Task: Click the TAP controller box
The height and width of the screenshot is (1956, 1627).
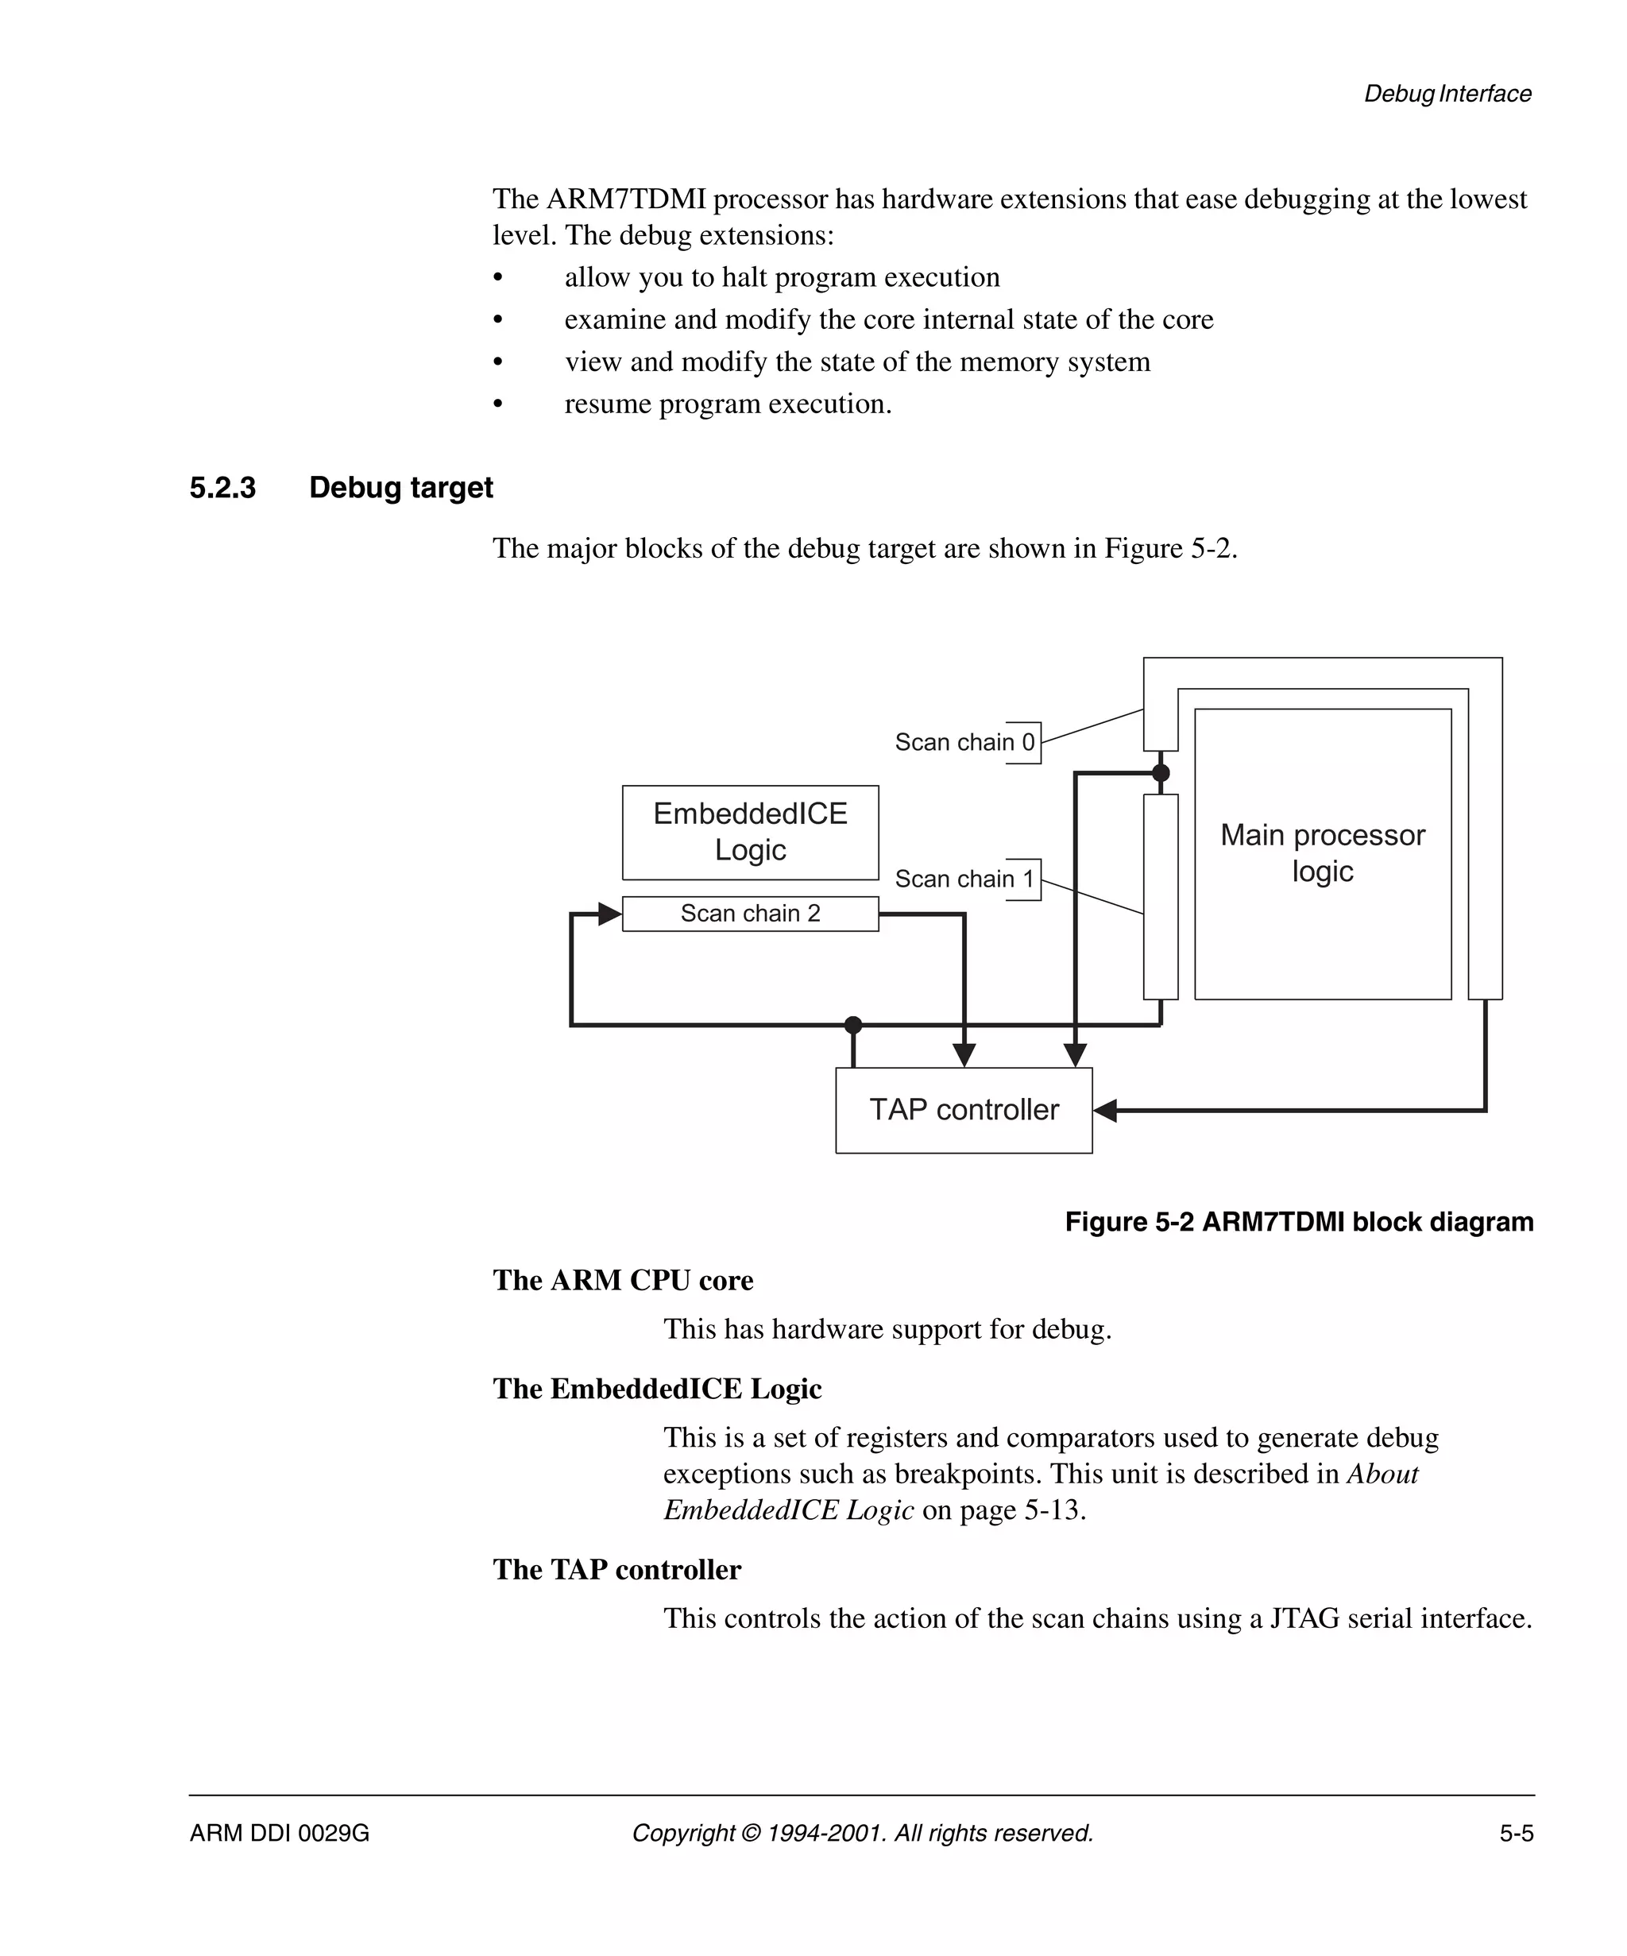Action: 963,1109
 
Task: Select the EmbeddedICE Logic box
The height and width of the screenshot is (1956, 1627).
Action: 750,832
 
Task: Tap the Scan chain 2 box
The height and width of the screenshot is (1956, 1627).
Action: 750,913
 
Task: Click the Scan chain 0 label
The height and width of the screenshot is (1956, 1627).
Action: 964,742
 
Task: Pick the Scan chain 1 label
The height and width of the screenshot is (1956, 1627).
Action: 964,879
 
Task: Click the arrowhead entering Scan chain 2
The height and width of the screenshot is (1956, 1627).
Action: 610,914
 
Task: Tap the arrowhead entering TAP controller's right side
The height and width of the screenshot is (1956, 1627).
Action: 1104,1110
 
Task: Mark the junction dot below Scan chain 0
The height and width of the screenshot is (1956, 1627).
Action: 1161,772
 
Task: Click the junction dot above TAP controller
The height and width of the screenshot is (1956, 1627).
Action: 853,1025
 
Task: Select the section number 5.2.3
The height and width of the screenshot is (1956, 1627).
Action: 222,487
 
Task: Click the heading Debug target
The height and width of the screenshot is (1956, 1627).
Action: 400,487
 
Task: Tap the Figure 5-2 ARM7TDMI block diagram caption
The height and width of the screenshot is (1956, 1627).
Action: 1298,1221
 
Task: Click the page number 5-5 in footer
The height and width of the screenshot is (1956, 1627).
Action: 1515,1833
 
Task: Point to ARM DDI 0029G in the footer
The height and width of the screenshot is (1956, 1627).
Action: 280,1833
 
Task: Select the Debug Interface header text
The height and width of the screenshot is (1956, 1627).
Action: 1447,93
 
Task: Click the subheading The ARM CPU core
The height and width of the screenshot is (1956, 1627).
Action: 622,1280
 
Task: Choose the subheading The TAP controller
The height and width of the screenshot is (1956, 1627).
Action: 616,1569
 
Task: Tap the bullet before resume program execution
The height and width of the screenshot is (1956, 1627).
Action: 498,404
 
